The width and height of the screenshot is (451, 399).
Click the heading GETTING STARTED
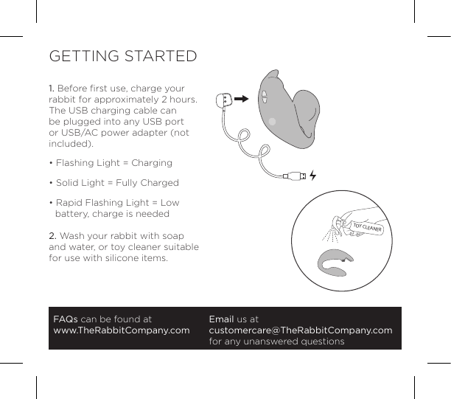(x=122, y=57)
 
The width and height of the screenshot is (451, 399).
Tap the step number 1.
(x=51, y=89)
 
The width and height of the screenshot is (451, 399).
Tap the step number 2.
(x=52, y=235)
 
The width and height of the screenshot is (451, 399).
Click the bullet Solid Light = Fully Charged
(x=116, y=182)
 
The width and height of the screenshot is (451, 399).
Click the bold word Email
(x=221, y=319)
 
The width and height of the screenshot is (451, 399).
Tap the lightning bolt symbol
(x=313, y=176)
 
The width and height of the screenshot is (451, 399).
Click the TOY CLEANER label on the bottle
(x=366, y=227)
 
